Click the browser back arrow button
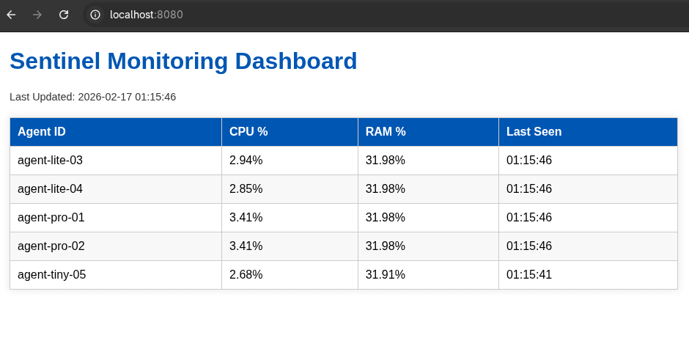11,15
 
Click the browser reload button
64,15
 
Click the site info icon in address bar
95,15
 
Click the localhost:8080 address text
146,15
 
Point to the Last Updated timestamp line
92,97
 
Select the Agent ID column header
42,132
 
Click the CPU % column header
248,132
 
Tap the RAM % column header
386,132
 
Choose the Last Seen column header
534,132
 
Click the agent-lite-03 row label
50,161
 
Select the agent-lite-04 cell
50,189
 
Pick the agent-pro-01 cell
51,218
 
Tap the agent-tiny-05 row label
51,275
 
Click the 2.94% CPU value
246,161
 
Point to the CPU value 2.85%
246,189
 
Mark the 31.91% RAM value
385,275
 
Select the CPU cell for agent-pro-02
246,246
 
